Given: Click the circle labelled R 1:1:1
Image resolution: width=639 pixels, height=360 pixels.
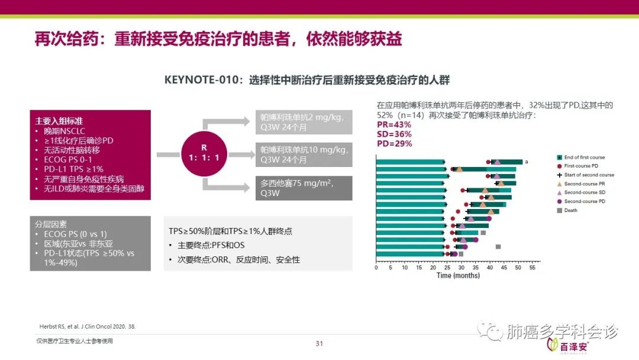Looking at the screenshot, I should (x=204, y=153).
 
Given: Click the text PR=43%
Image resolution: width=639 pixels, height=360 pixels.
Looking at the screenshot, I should (x=394, y=125).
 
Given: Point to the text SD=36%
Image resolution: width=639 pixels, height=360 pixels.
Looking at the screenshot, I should (x=394, y=134).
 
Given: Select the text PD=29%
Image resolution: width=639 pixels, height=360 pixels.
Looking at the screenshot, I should (x=394, y=144).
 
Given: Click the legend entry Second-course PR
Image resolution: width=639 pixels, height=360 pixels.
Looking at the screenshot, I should (x=588, y=184).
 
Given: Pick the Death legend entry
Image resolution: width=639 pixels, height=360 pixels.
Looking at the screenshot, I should (x=570, y=210).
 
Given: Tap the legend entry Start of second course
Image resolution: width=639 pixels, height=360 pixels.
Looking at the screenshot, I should (x=589, y=175).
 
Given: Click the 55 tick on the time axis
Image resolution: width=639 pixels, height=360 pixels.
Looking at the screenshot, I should (x=532, y=268).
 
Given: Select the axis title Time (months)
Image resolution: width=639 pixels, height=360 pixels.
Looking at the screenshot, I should (x=458, y=275).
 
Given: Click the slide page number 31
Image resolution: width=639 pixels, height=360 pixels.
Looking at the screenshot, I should (x=319, y=343).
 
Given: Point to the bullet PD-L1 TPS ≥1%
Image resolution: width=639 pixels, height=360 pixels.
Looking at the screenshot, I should (x=69, y=169).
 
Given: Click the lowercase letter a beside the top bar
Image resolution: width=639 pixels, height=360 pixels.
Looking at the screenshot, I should (x=527, y=162).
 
